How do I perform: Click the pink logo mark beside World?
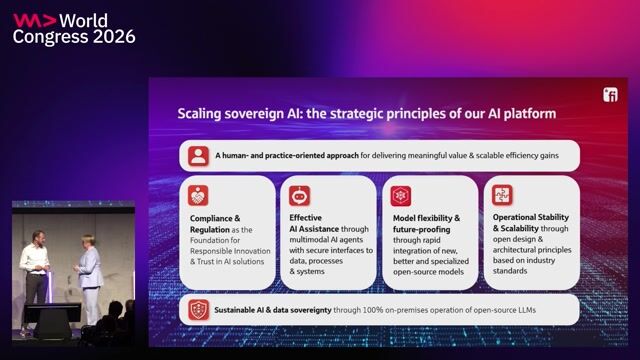click(34, 20)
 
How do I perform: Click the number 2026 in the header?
click(114, 37)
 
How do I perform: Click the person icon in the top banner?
click(198, 156)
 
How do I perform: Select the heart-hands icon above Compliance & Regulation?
click(198, 196)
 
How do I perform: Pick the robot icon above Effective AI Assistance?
click(300, 196)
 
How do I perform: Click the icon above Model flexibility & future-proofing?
click(401, 196)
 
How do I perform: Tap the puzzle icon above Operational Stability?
click(502, 195)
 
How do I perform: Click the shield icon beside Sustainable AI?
click(199, 310)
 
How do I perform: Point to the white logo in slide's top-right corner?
click(610, 95)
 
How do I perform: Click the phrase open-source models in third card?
click(429, 272)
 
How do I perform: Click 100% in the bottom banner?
click(373, 310)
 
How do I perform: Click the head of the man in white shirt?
click(38, 238)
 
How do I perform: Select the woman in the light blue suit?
click(89, 278)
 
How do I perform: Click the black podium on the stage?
click(53, 320)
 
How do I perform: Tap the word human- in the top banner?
click(236, 156)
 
